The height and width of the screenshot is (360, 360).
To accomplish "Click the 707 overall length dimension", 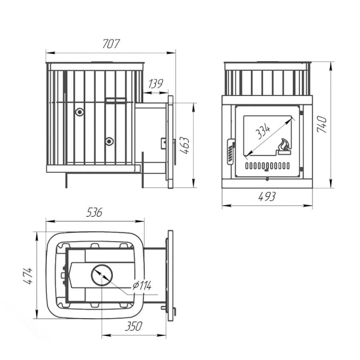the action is [111, 44].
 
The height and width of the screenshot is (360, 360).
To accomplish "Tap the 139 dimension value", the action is [155, 84].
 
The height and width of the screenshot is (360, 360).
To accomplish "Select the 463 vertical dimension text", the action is [184, 145].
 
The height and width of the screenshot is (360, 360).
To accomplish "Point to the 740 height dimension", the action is [322, 124].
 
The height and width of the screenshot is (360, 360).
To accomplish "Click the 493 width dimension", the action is [267, 197].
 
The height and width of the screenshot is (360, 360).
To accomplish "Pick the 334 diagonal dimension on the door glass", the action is [263, 131].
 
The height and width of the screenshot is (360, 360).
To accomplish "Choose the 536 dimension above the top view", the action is [94, 212].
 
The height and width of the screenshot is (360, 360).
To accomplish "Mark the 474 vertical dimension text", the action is [29, 276].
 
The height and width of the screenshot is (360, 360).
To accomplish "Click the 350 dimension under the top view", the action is [134, 326].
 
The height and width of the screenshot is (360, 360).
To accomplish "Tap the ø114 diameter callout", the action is [142, 286].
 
